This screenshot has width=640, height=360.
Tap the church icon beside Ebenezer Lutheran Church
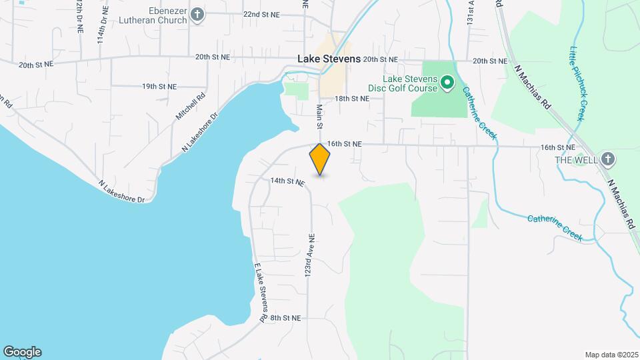(197, 14)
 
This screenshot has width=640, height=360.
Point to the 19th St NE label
(159, 86)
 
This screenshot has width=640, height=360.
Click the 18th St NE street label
(352, 99)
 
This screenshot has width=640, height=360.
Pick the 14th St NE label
(287, 181)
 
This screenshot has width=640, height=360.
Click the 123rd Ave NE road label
(310, 256)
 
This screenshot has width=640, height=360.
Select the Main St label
(319, 117)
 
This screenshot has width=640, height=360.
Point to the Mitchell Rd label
(188, 107)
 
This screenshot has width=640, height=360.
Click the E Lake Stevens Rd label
(260, 292)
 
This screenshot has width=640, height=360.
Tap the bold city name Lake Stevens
(329, 59)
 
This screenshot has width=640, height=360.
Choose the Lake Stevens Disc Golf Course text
(403, 83)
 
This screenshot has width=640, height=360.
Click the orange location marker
(320, 159)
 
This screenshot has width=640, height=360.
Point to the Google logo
(22, 352)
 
